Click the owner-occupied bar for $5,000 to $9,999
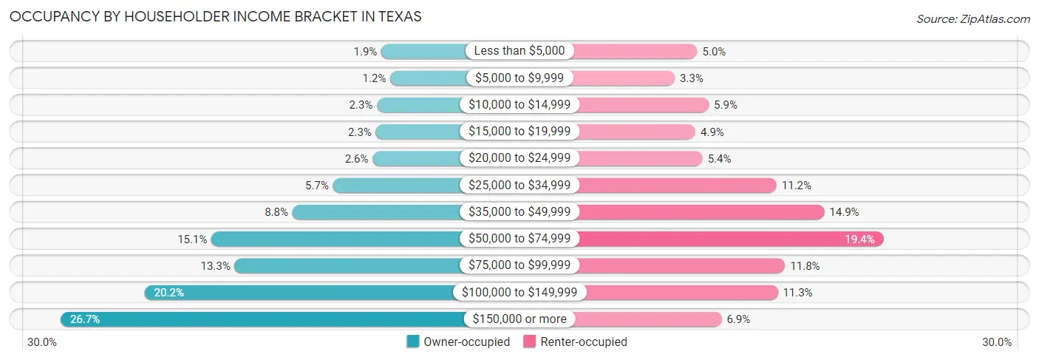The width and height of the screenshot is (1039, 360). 429,78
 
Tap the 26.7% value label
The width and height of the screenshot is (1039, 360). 84,319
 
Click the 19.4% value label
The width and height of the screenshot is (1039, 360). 860,239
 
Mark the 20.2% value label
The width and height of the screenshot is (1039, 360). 168,293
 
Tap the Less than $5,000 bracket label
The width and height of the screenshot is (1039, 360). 519,51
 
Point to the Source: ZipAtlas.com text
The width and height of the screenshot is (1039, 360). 972,18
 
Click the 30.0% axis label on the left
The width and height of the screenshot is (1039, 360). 42,342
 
